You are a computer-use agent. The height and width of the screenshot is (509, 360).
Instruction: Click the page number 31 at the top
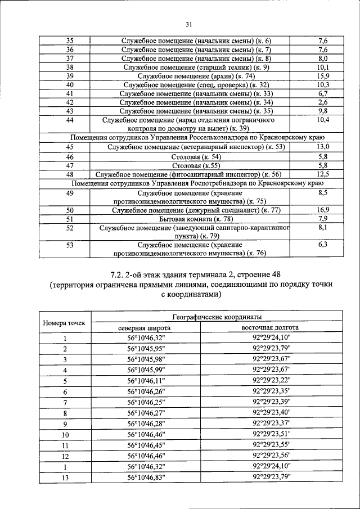tap(188, 24)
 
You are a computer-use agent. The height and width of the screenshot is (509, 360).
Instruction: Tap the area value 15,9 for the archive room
tap(323, 76)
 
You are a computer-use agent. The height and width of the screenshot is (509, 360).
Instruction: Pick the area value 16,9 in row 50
tap(323, 210)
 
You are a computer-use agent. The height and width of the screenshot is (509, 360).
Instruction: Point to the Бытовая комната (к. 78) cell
tap(196, 219)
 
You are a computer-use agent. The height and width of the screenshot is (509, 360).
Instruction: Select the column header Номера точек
tap(64, 323)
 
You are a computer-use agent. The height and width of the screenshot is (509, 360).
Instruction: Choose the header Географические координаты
tap(209, 317)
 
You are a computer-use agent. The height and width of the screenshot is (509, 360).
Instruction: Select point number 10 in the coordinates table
tap(65, 435)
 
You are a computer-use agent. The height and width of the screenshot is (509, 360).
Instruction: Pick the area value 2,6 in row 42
tap(323, 102)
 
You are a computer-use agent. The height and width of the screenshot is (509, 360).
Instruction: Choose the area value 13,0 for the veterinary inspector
tap(323, 147)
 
